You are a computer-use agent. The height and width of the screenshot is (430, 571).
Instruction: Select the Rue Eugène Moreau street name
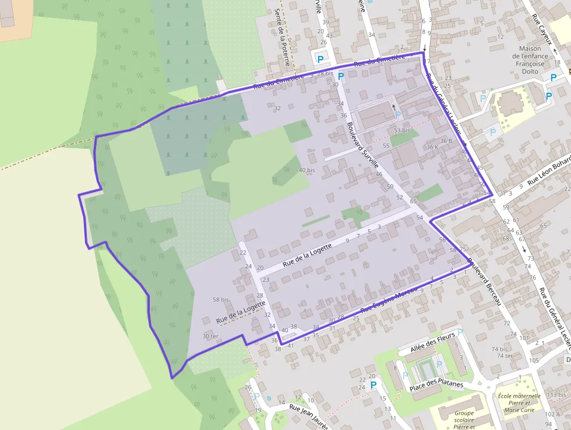[x=388, y=302]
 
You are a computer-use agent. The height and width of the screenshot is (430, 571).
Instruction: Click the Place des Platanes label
[x=436, y=385]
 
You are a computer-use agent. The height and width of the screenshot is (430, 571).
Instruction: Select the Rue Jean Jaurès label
[x=309, y=418]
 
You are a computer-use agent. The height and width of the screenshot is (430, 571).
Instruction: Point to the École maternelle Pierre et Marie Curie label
[x=520, y=403]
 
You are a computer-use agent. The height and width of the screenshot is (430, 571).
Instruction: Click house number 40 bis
[x=306, y=170]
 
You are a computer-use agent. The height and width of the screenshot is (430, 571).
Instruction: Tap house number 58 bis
[x=221, y=299]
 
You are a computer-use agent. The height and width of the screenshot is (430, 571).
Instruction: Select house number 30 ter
[x=210, y=337]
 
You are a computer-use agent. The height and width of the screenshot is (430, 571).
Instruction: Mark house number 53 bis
[x=402, y=130]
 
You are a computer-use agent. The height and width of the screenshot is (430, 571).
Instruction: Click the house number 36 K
[x=432, y=148]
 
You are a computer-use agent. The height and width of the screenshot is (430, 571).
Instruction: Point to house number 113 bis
[x=556, y=395]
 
